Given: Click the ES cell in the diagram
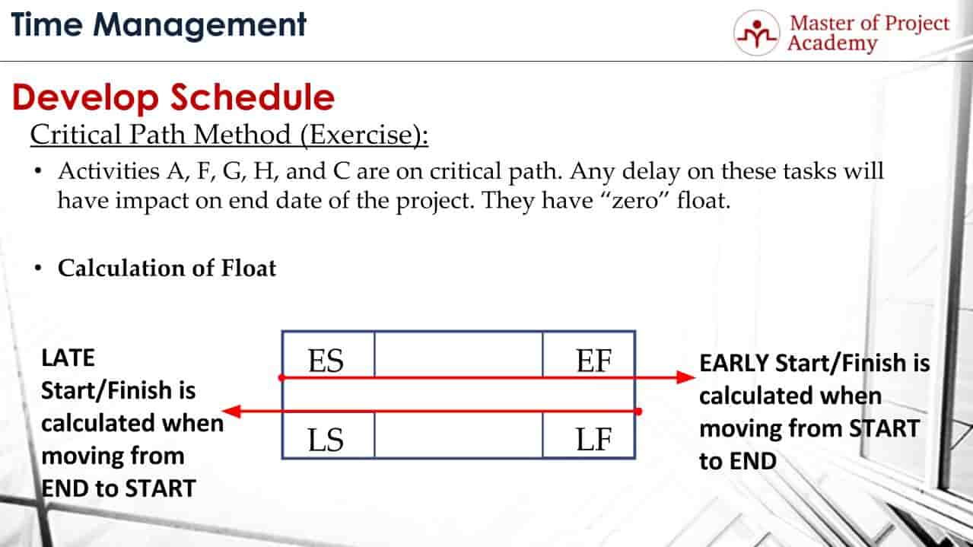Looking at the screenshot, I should pos(327,360).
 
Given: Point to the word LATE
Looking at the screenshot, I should pos(68,358).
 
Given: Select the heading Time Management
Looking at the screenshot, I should pos(158,25).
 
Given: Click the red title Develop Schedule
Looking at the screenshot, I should pos(173,97).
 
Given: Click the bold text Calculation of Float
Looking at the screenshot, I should pos(167,268).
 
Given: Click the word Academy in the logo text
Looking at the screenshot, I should pos(832,43).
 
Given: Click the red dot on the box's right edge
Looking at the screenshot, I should pos(637,412).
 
